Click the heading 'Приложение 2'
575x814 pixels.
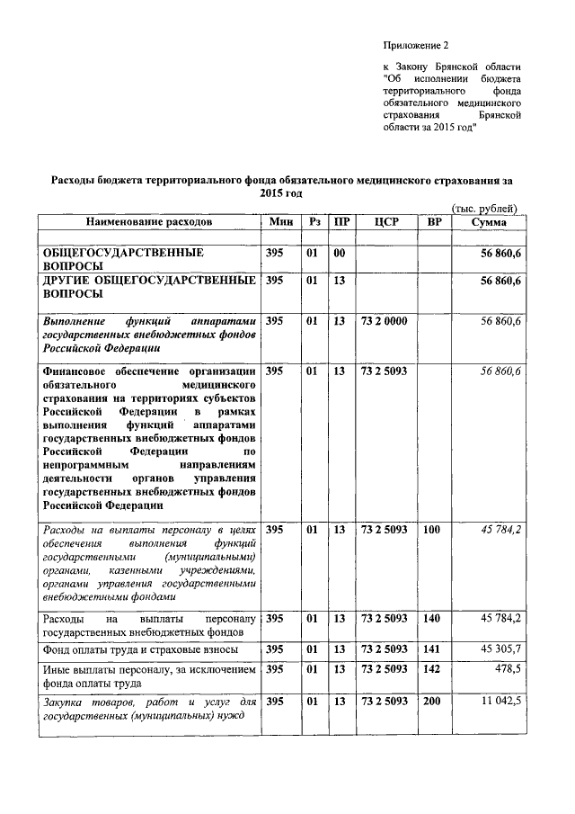414,44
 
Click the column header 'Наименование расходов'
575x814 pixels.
150,221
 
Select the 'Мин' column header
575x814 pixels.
279,221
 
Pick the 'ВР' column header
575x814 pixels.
434,221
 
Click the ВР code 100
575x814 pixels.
432,530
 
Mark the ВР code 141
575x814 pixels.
432,649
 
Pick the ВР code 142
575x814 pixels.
432,670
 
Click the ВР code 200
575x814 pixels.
432,701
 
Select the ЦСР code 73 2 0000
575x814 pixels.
384,320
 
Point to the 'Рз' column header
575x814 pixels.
314,221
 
